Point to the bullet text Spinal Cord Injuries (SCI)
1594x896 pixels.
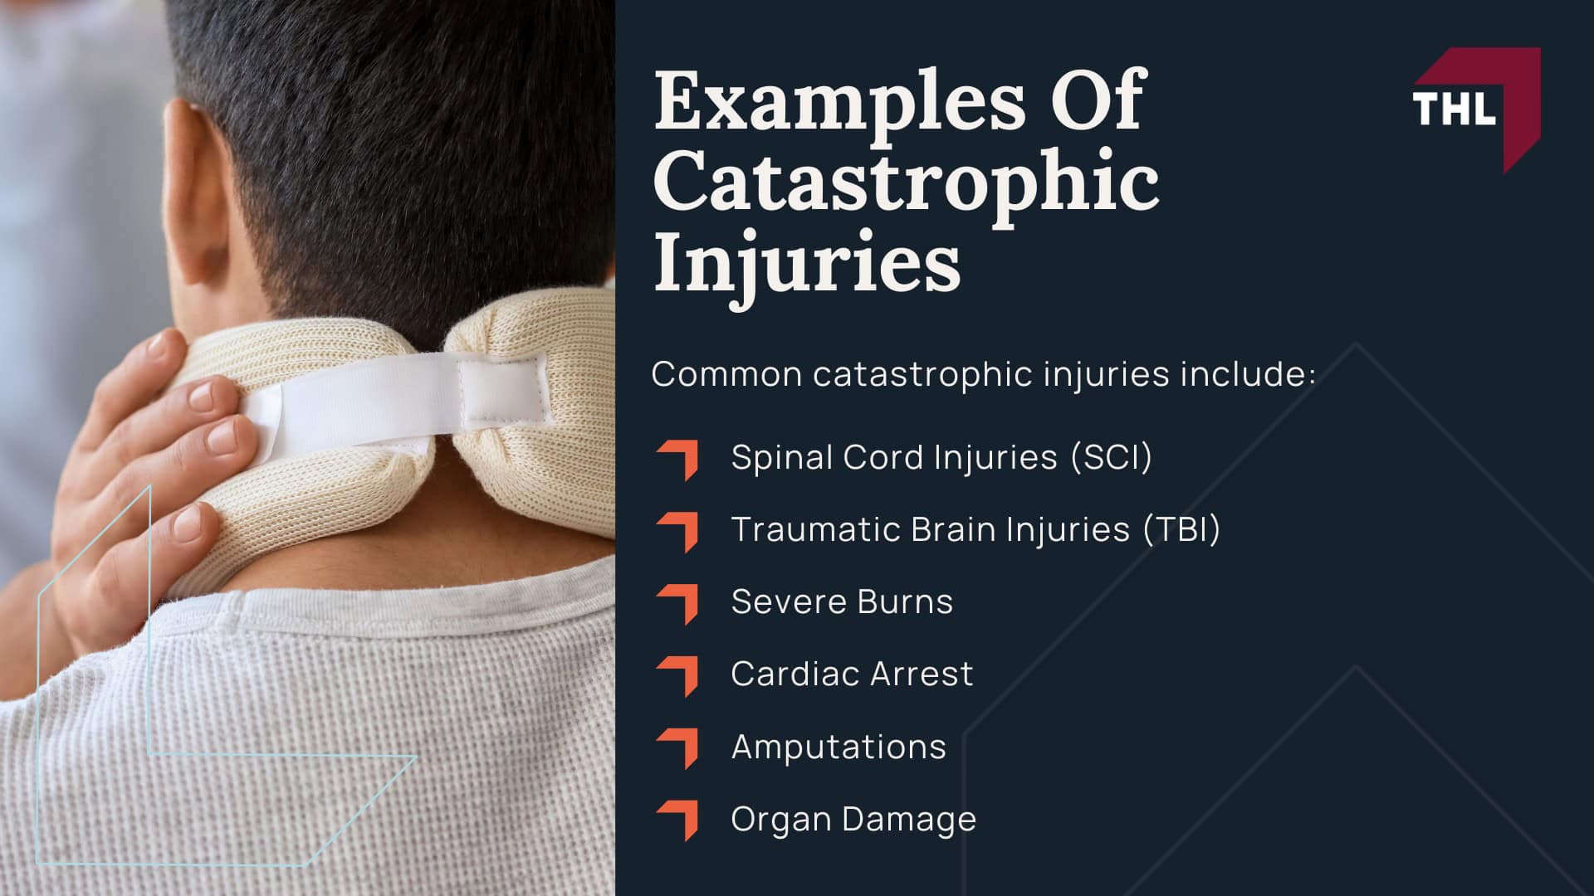tap(941, 457)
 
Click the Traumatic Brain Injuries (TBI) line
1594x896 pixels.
tap(975, 529)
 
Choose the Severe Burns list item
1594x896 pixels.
tap(842, 601)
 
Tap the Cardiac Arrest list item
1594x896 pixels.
tap(852, 674)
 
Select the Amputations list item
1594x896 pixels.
tap(839, 747)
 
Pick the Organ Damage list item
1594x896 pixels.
tap(853, 819)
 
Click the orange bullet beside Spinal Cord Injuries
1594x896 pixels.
tap(678, 460)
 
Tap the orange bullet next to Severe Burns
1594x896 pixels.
tap(678, 604)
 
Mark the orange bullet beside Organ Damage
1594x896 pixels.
tap(678, 820)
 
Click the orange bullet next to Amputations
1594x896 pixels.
tap(678, 747)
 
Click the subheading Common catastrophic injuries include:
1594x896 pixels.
tap(983, 374)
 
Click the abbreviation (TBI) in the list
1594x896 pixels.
tap(1181, 529)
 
